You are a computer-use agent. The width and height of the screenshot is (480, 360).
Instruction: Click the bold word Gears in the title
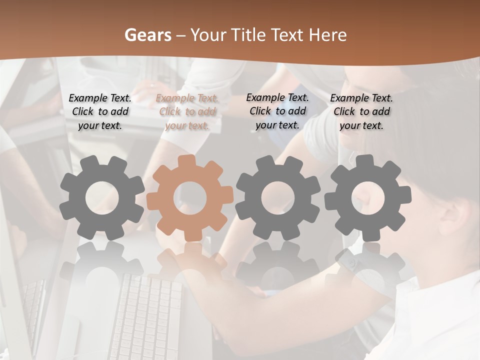coord(146,35)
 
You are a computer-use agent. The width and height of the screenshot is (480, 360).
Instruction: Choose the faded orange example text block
coord(187,112)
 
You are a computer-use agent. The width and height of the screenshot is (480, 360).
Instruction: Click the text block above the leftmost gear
coord(100,112)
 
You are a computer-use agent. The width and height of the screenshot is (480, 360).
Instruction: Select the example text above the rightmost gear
coord(361,112)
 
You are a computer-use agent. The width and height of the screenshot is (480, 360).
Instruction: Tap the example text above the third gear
coord(277,111)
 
